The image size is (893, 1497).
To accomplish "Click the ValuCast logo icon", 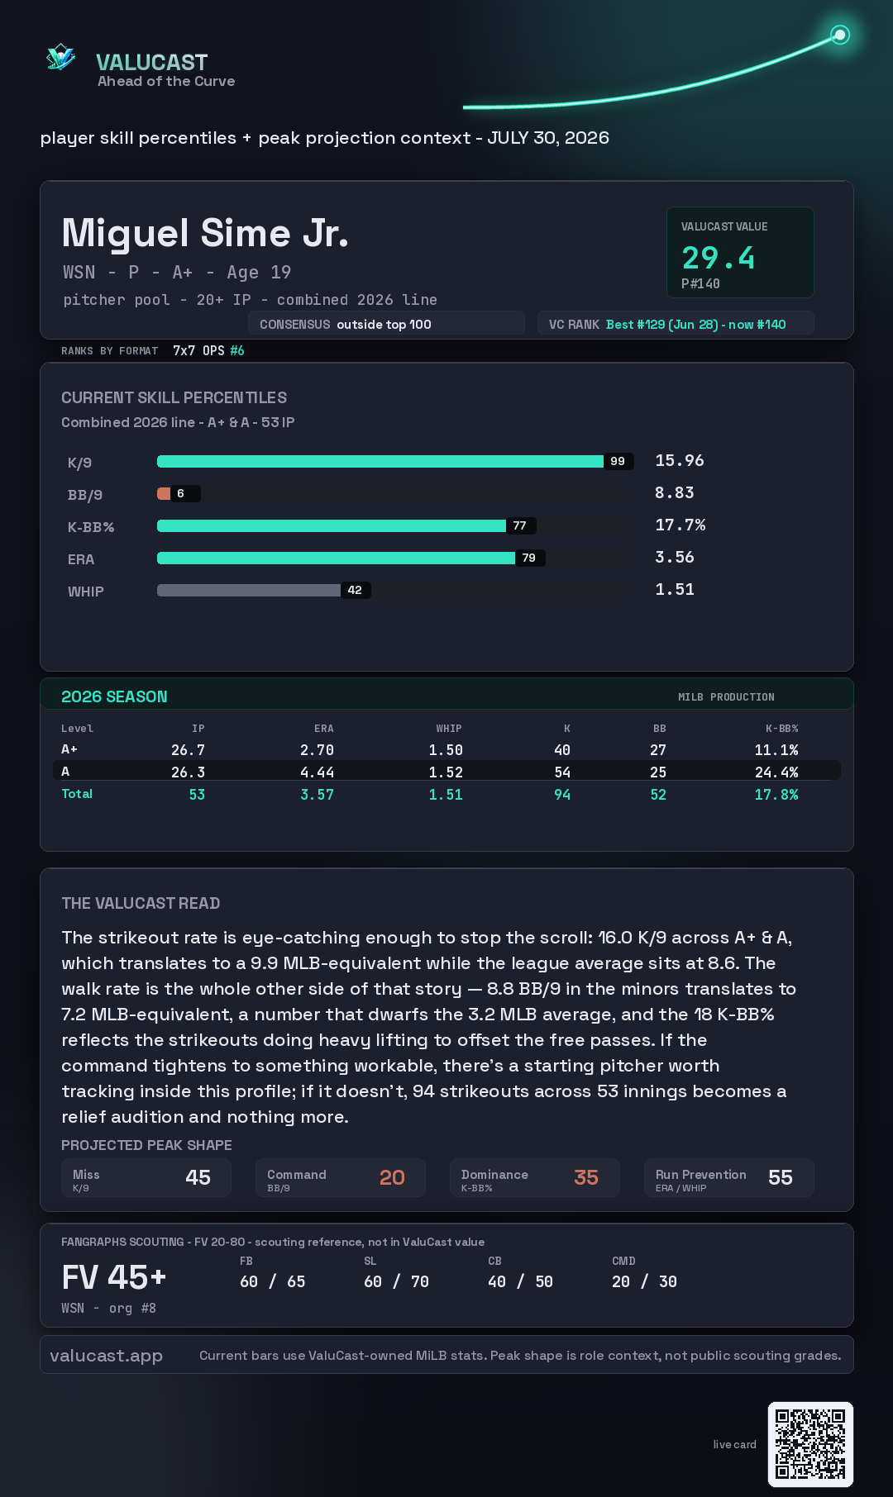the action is coord(61,57).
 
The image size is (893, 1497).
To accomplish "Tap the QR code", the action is coord(810,1444).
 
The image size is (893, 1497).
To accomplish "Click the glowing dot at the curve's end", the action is coord(840,35).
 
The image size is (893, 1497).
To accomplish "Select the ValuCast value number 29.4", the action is coord(719,258).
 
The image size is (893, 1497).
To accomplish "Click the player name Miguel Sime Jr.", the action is coord(205,233).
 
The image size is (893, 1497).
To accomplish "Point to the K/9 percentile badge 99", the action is coord(618,461).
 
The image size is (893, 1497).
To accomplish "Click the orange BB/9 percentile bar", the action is coord(164,493).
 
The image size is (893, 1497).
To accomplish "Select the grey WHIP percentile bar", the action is coord(249,590).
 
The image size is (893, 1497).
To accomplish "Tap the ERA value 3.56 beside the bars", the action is coord(675,557).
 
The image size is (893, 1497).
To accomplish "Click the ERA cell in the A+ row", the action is coord(317,750).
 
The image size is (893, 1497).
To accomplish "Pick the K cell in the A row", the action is coord(562,772).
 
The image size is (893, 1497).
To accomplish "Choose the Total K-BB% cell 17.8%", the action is coord(776,795).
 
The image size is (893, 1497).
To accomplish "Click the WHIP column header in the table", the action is coord(449,729).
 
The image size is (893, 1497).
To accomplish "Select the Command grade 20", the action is coord(392,1177).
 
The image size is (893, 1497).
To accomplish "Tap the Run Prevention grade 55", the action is coord(781,1177).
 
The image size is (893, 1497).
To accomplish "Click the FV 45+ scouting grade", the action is coord(114,1277).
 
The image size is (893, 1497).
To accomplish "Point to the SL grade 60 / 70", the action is coord(397,1281).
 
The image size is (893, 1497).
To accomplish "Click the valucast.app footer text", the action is coord(106,1356).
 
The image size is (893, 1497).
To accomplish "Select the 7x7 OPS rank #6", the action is coord(208,350).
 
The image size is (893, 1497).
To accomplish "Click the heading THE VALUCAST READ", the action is coord(141,903).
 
